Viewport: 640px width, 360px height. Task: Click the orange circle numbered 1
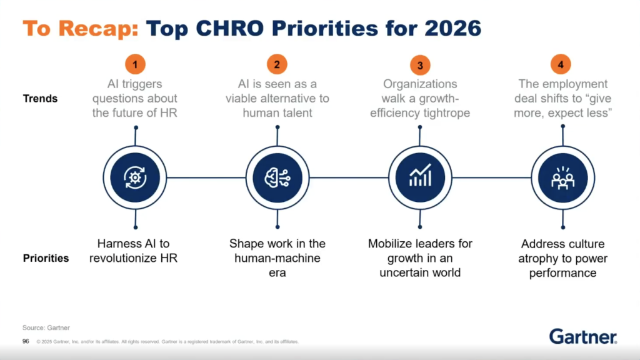(x=135, y=64)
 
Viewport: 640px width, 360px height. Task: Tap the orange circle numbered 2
(x=277, y=64)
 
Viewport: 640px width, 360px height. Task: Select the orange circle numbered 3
(x=420, y=65)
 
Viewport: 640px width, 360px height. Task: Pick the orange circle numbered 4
(x=561, y=64)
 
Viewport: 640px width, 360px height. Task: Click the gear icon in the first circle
(x=135, y=177)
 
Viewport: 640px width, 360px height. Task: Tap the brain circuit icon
(x=277, y=177)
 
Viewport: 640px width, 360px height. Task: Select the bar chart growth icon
(x=420, y=177)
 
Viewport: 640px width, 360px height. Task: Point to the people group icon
(x=562, y=177)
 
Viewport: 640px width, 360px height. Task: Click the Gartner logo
(x=583, y=336)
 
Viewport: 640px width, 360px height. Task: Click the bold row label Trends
(x=40, y=98)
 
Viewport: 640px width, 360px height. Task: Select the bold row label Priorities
(x=46, y=258)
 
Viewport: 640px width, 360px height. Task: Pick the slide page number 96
(x=26, y=341)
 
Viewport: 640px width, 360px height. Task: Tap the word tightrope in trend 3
(x=445, y=113)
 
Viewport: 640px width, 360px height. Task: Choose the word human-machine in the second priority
(x=277, y=258)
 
